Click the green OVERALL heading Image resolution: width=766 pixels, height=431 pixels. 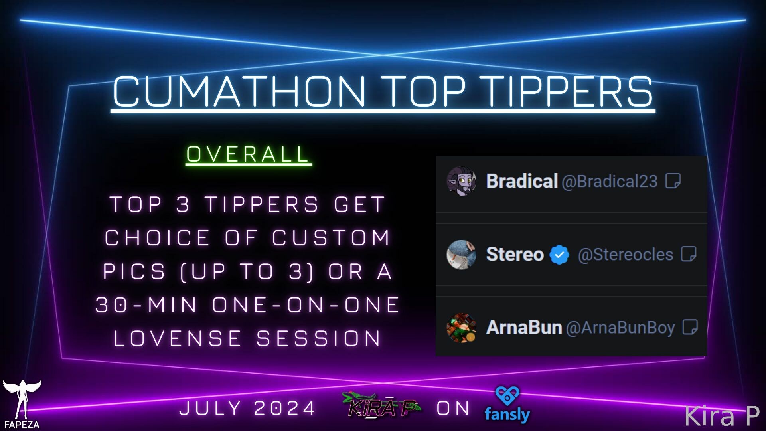248,154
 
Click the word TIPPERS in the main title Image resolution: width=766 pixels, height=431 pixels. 570,91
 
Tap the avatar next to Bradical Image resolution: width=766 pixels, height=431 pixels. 461,181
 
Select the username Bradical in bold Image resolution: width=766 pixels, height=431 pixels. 522,181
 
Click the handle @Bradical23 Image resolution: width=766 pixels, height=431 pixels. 610,182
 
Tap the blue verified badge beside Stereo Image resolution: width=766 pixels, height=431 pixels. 559,255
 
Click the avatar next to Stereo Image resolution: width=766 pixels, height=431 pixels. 461,255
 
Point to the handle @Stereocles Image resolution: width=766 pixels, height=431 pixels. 626,255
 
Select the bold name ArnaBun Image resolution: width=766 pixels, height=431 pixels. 524,328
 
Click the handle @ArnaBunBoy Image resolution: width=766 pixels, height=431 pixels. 620,328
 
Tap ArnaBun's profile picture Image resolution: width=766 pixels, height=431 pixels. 461,328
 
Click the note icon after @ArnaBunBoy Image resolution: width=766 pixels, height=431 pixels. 690,327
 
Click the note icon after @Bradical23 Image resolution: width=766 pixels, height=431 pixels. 673,181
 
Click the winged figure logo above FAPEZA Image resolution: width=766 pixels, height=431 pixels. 22,399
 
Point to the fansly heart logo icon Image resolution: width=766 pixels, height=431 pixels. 507,395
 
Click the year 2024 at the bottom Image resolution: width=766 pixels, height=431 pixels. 284,408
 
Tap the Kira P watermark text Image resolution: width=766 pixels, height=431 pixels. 722,416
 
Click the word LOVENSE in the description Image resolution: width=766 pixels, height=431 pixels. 178,338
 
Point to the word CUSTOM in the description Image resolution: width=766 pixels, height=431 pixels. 331,238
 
